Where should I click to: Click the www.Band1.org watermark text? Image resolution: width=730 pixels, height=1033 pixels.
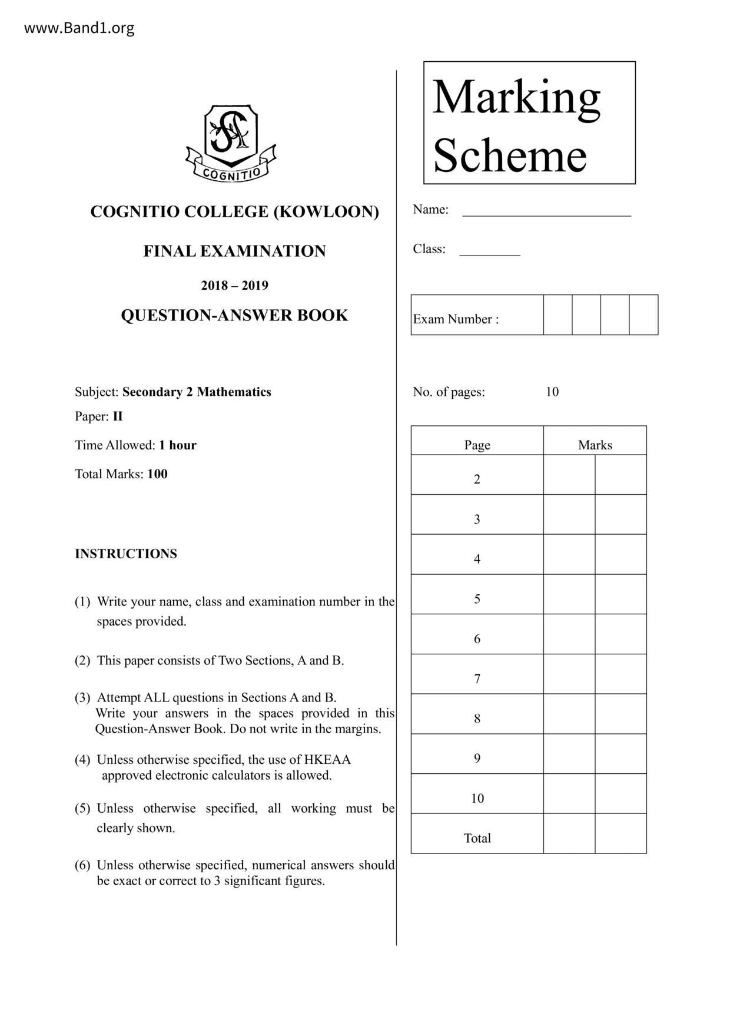pos(79,28)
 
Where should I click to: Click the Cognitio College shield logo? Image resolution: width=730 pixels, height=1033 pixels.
pos(231,143)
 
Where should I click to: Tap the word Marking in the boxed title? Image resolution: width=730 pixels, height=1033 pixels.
pos(516,97)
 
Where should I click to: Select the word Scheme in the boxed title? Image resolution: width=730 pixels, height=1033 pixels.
pos(510,155)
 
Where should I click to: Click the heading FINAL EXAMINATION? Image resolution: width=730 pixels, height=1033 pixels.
pos(234,251)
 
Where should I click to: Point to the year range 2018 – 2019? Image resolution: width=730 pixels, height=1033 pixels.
pos(234,286)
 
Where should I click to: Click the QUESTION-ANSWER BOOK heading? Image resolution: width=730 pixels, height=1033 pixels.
pos(234,316)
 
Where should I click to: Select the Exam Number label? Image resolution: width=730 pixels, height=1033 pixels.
pos(456,319)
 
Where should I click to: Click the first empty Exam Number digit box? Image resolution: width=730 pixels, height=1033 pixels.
pos(558,315)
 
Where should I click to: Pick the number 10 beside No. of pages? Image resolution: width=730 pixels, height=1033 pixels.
pos(552,392)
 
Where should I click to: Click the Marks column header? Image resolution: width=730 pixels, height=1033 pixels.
pos(595,445)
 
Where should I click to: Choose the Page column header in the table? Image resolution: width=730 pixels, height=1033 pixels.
pos(477,445)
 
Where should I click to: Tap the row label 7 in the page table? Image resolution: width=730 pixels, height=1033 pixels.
pos(477,679)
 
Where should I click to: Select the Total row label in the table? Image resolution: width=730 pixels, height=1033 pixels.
pos(477,838)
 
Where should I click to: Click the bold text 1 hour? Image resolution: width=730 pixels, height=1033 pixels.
pos(177,445)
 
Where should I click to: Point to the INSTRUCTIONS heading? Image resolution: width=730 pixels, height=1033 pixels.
pos(125,554)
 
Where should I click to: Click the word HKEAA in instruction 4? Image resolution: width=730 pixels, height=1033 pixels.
pos(327,760)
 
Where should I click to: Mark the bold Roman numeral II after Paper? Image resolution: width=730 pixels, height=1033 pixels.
pos(118,416)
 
